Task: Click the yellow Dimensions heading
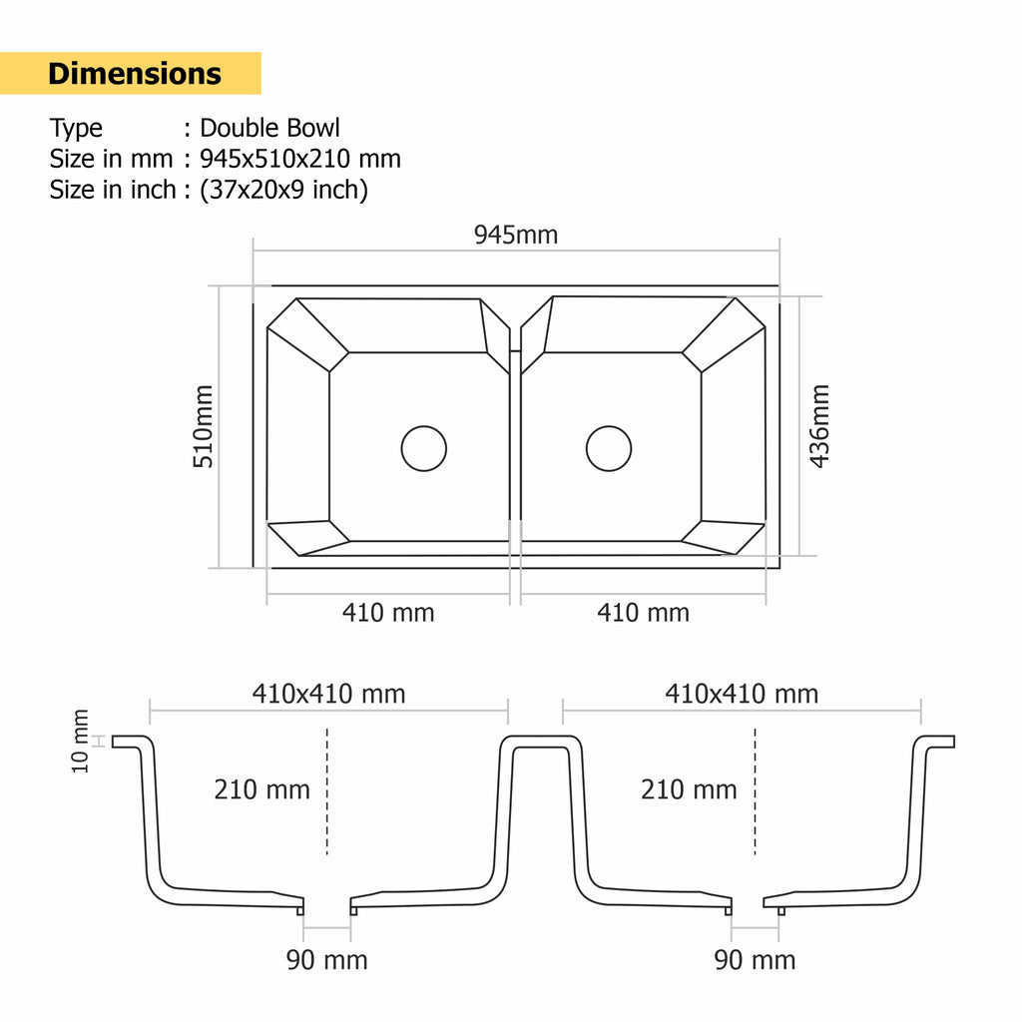(135, 74)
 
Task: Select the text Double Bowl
(269, 128)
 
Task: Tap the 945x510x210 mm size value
(299, 159)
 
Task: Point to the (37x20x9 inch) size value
(283, 190)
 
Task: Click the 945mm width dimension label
(515, 235)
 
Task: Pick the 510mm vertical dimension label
(203, 426)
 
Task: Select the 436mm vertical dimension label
(818, 426)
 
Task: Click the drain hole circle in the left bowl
(424, 448)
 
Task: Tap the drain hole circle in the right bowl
(609, 448)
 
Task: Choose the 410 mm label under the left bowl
(388, 613)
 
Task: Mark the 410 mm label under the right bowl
(643, 613)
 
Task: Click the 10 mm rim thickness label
(81, 741)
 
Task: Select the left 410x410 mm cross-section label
(328, 694)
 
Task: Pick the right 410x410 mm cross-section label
(742, 694)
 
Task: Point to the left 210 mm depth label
(261, 790)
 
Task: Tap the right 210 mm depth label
(689, 790)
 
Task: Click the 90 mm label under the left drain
(327, 960)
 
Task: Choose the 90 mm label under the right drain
(755, 960)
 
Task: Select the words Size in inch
(113, 190)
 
